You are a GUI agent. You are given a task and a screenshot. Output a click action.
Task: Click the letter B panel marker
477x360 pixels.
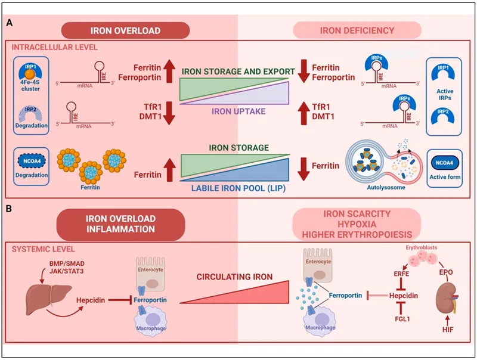coord(11,210)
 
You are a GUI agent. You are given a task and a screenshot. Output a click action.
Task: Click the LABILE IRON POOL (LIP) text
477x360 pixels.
coord(238,190)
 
